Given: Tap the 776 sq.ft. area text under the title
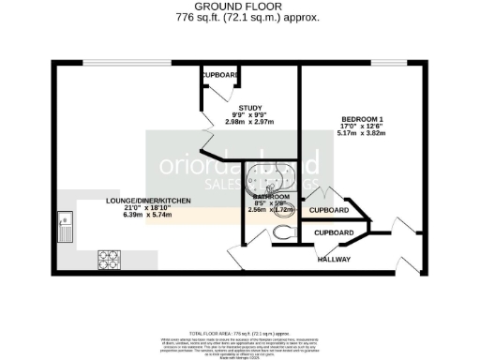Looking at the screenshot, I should pyautogui.click(x=239, y=17).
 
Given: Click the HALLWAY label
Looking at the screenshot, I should pyautogui.click(x=334, y=259).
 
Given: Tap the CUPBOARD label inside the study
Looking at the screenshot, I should pyautogui.click(x=220, y=74).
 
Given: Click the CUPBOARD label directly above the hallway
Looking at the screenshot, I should pyautogui.click(x=333, y=232).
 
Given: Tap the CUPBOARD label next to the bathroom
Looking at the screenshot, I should pyautogui.click(x=328, y=211).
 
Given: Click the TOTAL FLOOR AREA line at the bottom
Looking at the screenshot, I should pyautogui.click(x=239, y=334).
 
